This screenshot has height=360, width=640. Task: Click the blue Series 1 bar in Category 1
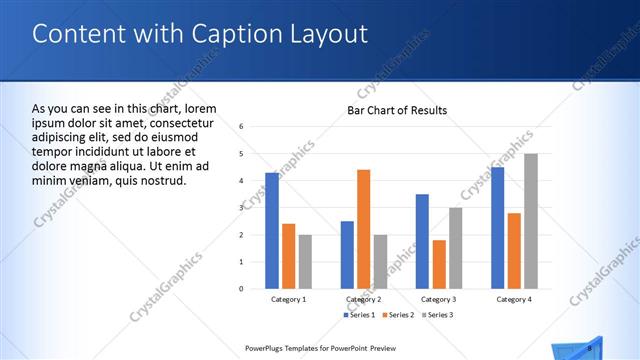coord(272,230)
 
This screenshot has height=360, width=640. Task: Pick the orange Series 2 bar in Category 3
coord(439,264)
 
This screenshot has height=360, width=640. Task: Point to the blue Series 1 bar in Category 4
coord(497,227)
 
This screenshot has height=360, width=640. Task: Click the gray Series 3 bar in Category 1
coord(305,261)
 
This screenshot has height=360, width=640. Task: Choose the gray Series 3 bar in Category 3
coord(455,247)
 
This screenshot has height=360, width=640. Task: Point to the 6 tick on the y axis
coord(242,126)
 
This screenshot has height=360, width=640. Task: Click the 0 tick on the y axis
coord(242,288)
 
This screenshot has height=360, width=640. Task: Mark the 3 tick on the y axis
coord(242,207)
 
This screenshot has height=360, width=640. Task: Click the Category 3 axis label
coord(439,299)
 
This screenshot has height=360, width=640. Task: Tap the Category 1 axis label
coord(288,299)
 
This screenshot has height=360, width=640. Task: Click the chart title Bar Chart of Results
coord(397,110)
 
